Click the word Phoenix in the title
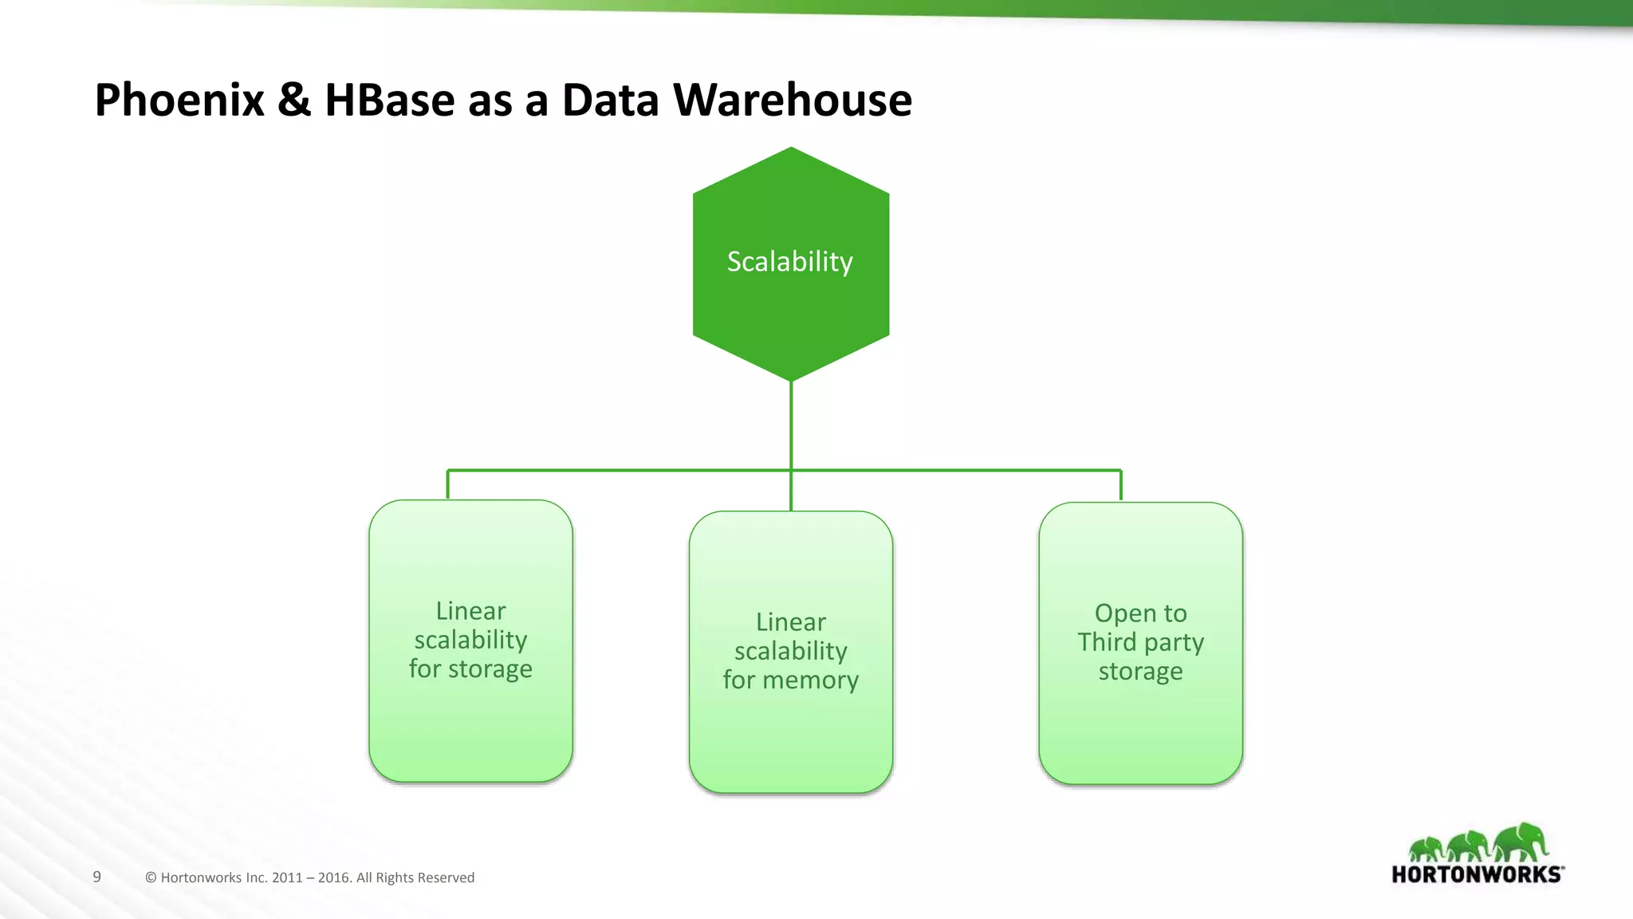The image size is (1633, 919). click(179, 101)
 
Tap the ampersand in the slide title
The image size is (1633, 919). click(294, 101)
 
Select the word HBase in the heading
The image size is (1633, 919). click(389, 101)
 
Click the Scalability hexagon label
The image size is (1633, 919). click(789, 262)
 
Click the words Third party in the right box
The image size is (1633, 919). click(1140, 642)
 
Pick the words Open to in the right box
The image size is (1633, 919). click(1140, 613)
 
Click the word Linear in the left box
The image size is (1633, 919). click(470, 611)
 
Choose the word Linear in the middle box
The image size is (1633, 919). click(790, 622)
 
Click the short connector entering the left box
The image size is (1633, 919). click(448, 485)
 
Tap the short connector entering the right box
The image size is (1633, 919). click(1121, 486)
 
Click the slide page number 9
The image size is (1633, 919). click(97, 877)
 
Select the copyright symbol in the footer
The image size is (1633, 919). click(151, 878)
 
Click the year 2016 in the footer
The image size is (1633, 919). click(334, 878)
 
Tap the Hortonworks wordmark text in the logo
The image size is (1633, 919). click(1477, 874)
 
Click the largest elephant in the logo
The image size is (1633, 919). click(1521, 841)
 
